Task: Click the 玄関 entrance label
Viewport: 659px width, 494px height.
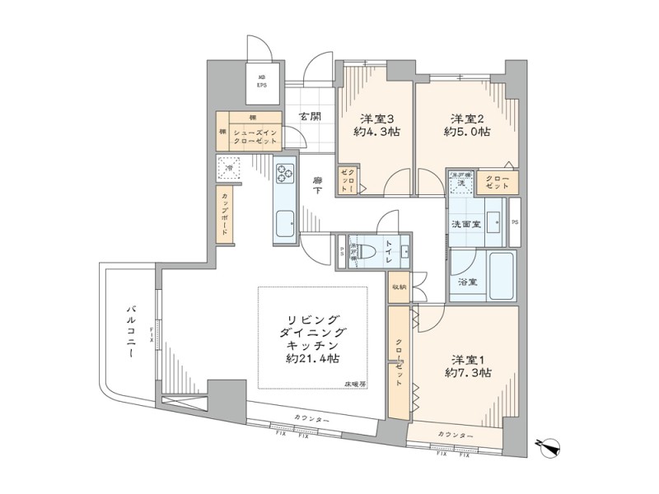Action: click(310, 117)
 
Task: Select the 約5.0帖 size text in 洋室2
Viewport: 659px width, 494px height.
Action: click(467, 132)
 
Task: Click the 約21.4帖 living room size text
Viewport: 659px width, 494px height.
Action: click(313, 359)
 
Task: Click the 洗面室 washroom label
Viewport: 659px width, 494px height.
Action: click(465, 225)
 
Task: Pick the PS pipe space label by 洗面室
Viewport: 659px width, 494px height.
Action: click(515, 222)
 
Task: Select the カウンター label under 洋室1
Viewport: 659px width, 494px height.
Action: click(455, 435)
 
